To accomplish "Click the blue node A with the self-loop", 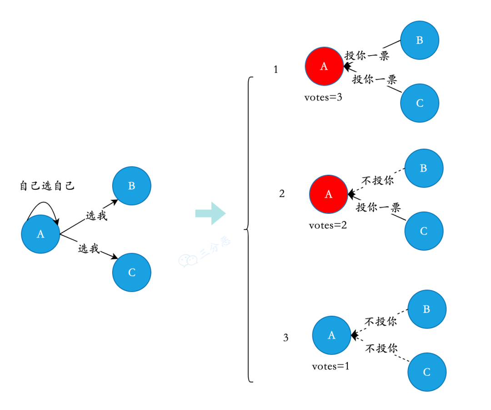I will pos(40,234).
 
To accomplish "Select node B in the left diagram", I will pos(131,186).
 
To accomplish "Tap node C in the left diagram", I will pos(131,273).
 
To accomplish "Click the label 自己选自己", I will pos(47,186).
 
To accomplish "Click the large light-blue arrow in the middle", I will pos(210,213).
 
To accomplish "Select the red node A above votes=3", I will pos(324,66).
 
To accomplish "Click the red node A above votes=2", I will pos(328,194).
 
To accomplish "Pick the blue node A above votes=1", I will pos(331,335).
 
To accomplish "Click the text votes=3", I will pos(323,97).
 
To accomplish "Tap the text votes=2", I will pos(327,225).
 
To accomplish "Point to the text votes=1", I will pos(331,366).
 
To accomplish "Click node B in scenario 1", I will pos(419,40).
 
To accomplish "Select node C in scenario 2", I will pos(424,231).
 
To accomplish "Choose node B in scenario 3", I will pos(426,309).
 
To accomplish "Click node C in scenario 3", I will pos(426,372).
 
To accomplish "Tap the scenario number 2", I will pos(282,194).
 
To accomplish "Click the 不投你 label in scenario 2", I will pos(377,181).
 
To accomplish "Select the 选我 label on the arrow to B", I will pos(96,216).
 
